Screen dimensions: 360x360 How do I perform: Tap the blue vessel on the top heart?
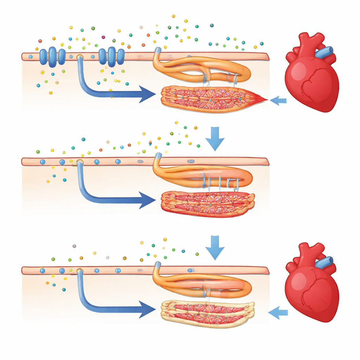tap(324, 52)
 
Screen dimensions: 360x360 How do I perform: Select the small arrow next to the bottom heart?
tap(278, 312)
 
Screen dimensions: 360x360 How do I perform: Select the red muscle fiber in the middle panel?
tap(207, 204)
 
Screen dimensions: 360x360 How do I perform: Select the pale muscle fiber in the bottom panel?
tap(207, 313)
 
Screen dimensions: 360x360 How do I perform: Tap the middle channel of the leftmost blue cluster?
tap(52, 57)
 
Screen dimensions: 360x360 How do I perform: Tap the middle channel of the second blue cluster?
tap(111, 57)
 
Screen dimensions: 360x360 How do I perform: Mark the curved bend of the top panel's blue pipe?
tap(84, 89)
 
